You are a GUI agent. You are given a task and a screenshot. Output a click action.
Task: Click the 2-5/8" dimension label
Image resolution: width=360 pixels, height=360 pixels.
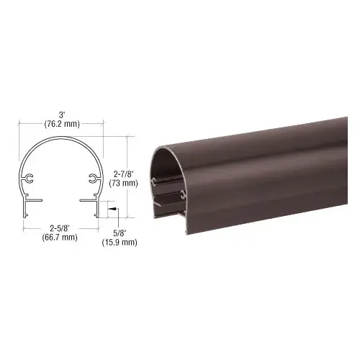[60, 228]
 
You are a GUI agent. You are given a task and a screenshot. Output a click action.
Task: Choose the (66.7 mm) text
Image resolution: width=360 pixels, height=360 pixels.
[60, 238]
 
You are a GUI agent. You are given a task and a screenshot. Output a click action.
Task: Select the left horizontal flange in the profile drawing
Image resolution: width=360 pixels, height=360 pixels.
[35, 199]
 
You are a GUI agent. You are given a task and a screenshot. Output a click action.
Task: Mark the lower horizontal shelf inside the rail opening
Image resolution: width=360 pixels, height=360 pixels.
[170, 209]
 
